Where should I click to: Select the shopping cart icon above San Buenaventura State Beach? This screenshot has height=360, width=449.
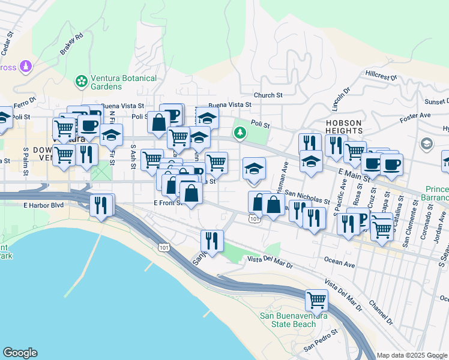pyautogui.click(x=316, y=299)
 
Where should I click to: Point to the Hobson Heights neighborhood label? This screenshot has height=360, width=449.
pyautogui.click(x=344, y=126)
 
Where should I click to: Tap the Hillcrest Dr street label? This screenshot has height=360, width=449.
pyautogui.click(x=381, y=76)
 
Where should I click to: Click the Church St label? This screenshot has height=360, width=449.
pyautogui.click(x=268, y=95)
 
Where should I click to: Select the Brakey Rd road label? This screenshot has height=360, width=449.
pyautogui.click(x=71, y=46)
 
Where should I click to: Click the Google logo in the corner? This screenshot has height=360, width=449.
pyautogui.click(x=20, y=353)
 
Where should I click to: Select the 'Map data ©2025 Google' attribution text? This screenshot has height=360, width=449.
pyautogui.click(x=412, y=355)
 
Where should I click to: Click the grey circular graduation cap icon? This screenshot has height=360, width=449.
pyautogui.click(x=426, y=143)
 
